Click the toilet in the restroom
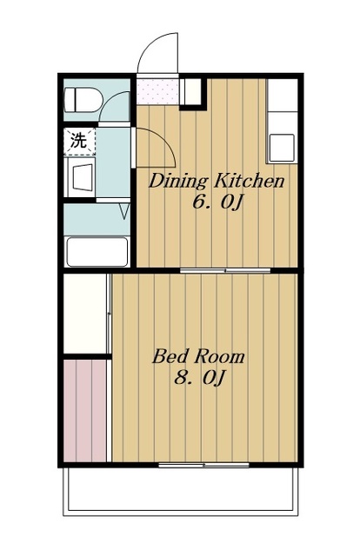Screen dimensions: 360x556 coord(83,100)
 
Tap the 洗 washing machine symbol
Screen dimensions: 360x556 coord(79,141)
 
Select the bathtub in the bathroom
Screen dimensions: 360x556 coord(97,252)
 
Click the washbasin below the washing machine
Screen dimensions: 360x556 coord(83,177)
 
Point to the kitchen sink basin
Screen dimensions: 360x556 coord(282,148)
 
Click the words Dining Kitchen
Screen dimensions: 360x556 coord(217,182)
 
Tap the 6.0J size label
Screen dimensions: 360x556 coord(217,203)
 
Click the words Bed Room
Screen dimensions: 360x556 coord(198,356)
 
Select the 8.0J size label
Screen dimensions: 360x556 coord(199,378)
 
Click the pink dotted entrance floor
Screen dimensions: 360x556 coord(157,91)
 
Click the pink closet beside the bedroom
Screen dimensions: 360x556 coord(85,410)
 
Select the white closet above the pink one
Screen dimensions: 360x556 coord(85,313)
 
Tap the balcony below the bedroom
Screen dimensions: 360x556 coord(181,490)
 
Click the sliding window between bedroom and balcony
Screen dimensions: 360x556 coord(203,465)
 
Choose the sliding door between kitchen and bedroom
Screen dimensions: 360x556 coord(225,270)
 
